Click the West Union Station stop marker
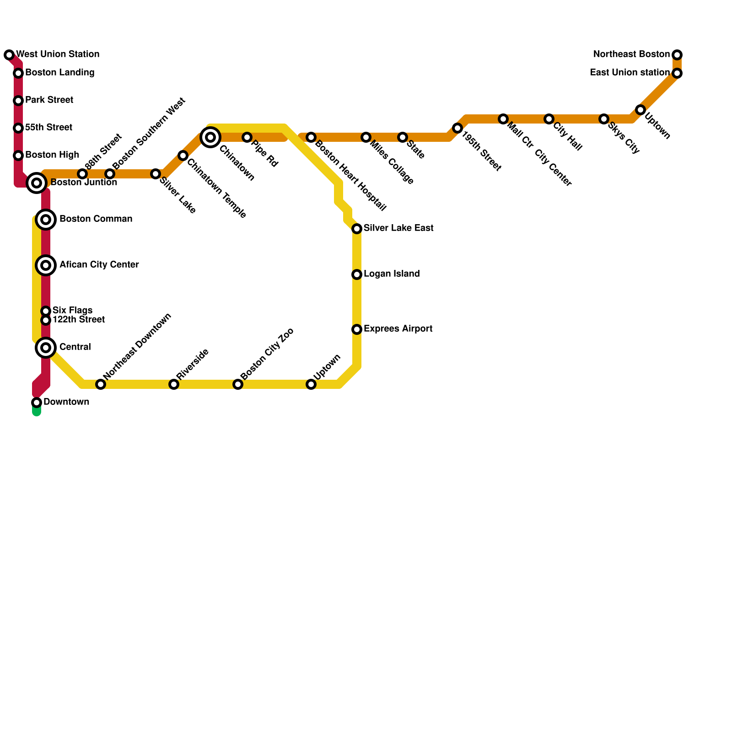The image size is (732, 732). [9, 55]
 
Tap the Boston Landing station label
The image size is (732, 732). [59, 73]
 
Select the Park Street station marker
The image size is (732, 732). [18, 101]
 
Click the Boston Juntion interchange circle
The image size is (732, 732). [37, 183]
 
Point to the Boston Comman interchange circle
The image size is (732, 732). [46, 220]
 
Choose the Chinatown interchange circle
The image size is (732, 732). [210, 137]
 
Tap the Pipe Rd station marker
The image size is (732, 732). [247, 137]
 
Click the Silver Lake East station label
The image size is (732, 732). [398, 228]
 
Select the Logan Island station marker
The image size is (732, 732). [357, 274]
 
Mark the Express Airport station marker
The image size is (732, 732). [357, 329]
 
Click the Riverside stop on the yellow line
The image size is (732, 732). [174, 384]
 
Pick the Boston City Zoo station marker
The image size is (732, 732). [238, 384]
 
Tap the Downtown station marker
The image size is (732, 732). [37, 403]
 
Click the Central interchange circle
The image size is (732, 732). [46, 348]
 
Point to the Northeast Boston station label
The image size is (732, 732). [631, 54]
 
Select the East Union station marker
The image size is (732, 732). [677, 73]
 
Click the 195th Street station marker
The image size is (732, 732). [457, 128]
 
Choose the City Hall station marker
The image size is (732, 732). [549, 119]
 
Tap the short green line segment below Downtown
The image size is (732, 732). [37, 411]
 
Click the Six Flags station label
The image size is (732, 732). [72, 311]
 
